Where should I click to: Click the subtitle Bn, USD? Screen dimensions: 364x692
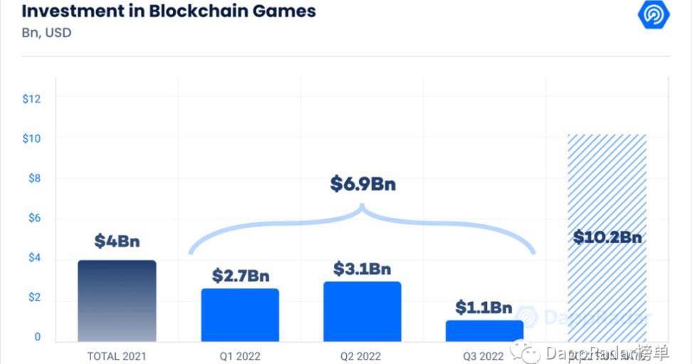47,33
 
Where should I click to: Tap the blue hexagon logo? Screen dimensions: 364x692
653,15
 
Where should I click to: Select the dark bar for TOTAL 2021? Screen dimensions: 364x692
117,301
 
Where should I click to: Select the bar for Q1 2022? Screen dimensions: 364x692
240,315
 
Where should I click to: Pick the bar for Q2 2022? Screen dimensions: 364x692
362,311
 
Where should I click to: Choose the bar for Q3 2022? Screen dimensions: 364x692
484,331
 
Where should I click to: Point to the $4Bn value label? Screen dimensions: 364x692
117,241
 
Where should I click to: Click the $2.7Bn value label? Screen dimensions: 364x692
240,275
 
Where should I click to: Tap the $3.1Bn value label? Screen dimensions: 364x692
362,269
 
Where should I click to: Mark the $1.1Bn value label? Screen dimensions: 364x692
484,308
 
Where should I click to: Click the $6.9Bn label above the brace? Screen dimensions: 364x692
362,184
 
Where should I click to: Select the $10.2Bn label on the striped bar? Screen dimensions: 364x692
607,237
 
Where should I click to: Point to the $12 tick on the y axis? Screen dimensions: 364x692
31,98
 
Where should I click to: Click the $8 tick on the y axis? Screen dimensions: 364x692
33,178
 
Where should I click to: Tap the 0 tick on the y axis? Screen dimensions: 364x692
38,337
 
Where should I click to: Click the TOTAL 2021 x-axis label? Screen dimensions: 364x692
117,356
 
